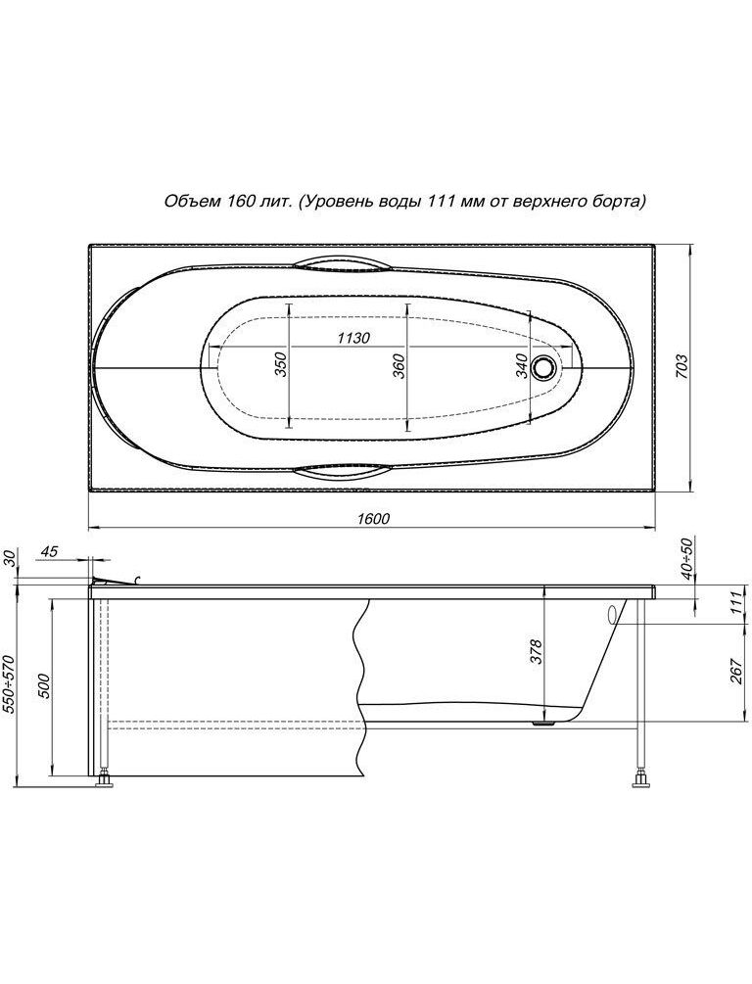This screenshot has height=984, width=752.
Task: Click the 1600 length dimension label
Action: click(373, 518)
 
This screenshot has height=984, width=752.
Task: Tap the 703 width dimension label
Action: click(682, 366)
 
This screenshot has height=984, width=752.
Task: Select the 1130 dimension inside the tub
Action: click(353, 338)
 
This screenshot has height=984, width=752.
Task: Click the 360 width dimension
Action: click(399, 366)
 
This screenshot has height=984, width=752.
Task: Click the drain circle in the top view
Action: click(543, 366)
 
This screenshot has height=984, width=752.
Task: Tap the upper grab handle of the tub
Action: click(339, 263)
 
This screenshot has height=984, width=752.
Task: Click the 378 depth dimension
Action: click(536, 652)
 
